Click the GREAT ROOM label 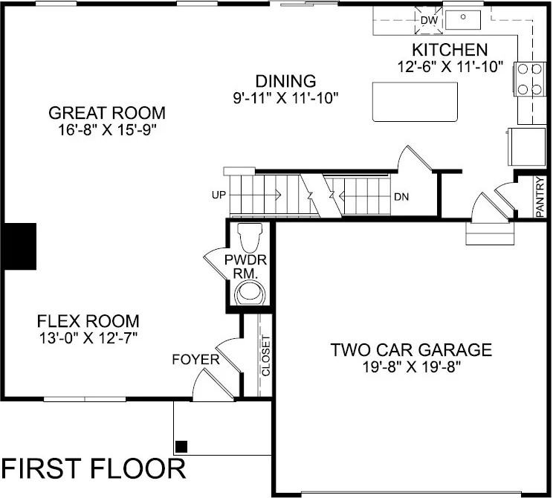coord(106,113)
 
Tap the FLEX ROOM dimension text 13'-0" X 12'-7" coord(88,337)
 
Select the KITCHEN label coord(450,51)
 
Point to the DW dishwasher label coord(429,20)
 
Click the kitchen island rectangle coord(415,101)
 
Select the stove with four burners coord(528,77)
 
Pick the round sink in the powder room coord(250,293)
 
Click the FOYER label coord(195,360)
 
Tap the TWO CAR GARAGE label coord(411,349)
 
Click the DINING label coord(285,81)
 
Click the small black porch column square coord(181,446)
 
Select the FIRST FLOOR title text coord(93,470)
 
